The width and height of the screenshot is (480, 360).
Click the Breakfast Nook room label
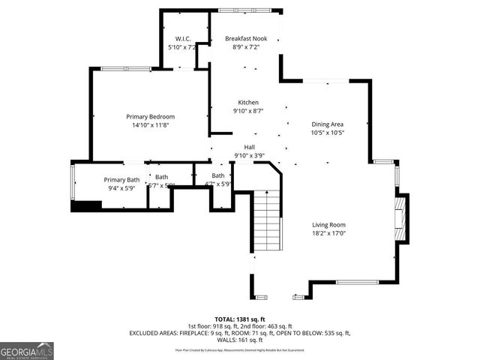(x=246, y=38)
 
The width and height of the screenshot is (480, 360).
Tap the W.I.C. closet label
(x=183, y=38)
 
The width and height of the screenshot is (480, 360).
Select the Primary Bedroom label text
(x=150, y=116)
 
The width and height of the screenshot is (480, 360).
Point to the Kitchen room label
(x=248, y=103)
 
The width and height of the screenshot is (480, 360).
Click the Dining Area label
(x=328, y=124)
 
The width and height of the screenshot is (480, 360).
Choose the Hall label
(x=248, y=147)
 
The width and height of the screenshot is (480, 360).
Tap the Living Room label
(x=329, y=224)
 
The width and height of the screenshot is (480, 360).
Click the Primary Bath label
(x=121, y=179)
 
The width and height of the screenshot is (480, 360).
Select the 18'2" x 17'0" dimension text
(x=329, y=233)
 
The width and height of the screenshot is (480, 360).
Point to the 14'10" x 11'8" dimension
(x=150, y=125)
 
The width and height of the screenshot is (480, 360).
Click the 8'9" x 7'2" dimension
(x=246, y=47)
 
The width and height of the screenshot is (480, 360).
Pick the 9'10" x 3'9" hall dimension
(x=248, y=156)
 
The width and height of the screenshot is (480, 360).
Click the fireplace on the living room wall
(x=403, y=219)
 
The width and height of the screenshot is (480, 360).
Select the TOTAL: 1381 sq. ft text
(x=239, y=318)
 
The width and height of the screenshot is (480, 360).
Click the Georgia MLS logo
(x=27, y=350)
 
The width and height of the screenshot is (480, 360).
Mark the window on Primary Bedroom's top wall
(x=123, y=69)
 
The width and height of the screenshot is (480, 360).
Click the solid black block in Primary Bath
(x=85, y=206)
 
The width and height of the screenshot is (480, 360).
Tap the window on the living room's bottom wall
(x=356, y=282)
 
